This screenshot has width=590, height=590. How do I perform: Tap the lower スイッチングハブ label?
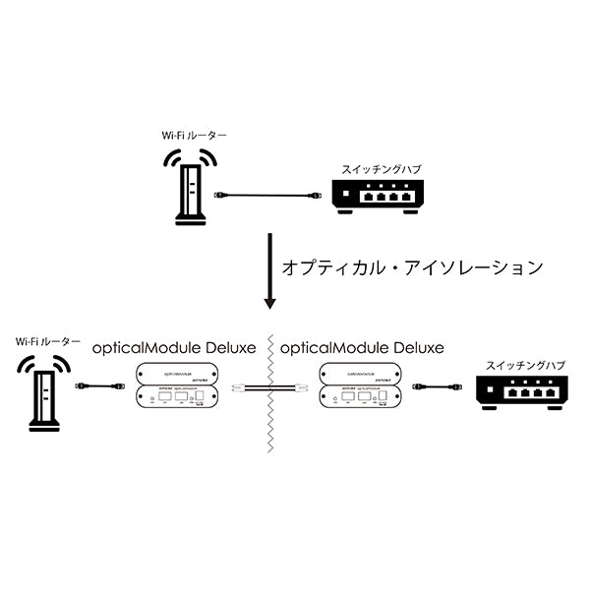coord(518,365)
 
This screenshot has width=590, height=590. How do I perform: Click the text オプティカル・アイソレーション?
coord(412,266)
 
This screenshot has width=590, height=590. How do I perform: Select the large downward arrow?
coord(266,270)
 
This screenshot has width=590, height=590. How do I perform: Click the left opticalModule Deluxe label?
coord(173,348)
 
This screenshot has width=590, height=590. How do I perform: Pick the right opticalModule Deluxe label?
coord(362,348)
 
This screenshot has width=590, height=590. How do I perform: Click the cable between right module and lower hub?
coord(437,387)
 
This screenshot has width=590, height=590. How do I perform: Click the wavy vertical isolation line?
coord(266,433)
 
